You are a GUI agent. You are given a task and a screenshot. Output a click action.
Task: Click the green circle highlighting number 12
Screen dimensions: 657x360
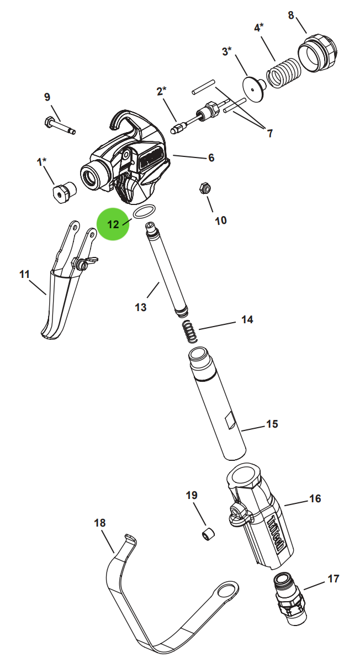coord(113,224)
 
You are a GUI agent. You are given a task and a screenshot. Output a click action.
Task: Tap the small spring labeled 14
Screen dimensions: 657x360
coord(189,334)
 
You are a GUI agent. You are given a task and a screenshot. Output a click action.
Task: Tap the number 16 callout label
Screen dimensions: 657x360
coord(315,499)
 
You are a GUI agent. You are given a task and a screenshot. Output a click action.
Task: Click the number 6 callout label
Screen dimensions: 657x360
coord(211,158)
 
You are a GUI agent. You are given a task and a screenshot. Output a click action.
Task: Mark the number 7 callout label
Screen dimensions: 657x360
coord(269,133)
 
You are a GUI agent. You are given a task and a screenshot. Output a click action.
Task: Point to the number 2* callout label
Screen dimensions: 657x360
coord(161,91)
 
